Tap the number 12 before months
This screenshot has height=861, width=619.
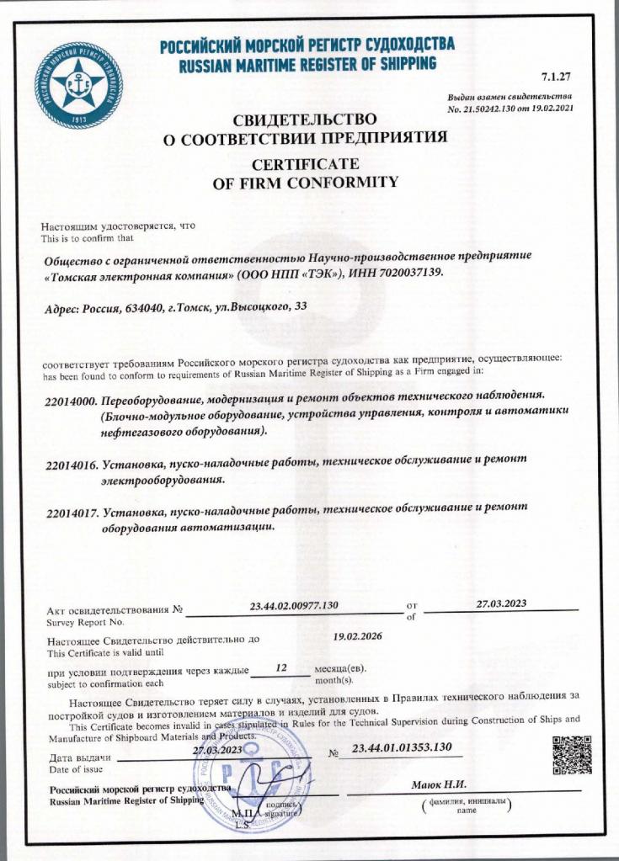tap(282, 668)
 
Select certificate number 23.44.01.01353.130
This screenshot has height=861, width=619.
tap(402, 748)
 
